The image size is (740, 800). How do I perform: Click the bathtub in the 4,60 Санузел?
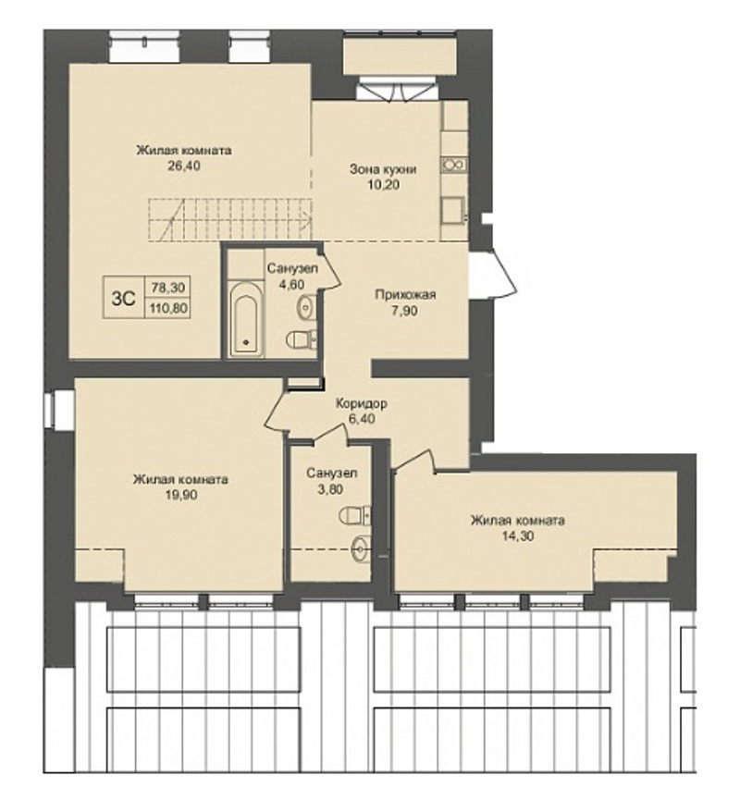pos(245,318)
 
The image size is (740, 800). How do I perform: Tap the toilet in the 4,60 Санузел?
pos(302,338)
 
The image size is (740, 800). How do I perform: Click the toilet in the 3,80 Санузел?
pos(354,514)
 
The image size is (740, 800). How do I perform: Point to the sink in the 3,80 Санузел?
pos(361,549)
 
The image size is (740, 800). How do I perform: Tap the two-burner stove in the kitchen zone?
pos(454,165)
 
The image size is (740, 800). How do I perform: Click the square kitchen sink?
pos(453,210)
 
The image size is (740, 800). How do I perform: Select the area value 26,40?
pos(184,166)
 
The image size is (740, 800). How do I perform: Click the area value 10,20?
pos(383,185)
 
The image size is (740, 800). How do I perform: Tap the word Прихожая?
pos(405,294)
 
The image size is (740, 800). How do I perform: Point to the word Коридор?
pos(361,403)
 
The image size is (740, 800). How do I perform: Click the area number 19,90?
pos(180,495)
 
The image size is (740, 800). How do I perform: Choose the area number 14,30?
pos(517,535)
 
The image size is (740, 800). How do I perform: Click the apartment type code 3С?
pos(123,298)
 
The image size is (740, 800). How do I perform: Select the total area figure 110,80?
pos(168,308)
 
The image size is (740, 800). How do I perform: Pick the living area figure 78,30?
pos(168,288)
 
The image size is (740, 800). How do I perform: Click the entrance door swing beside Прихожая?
pos(493,275)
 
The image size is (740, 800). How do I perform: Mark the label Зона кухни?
pos(383,169)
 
